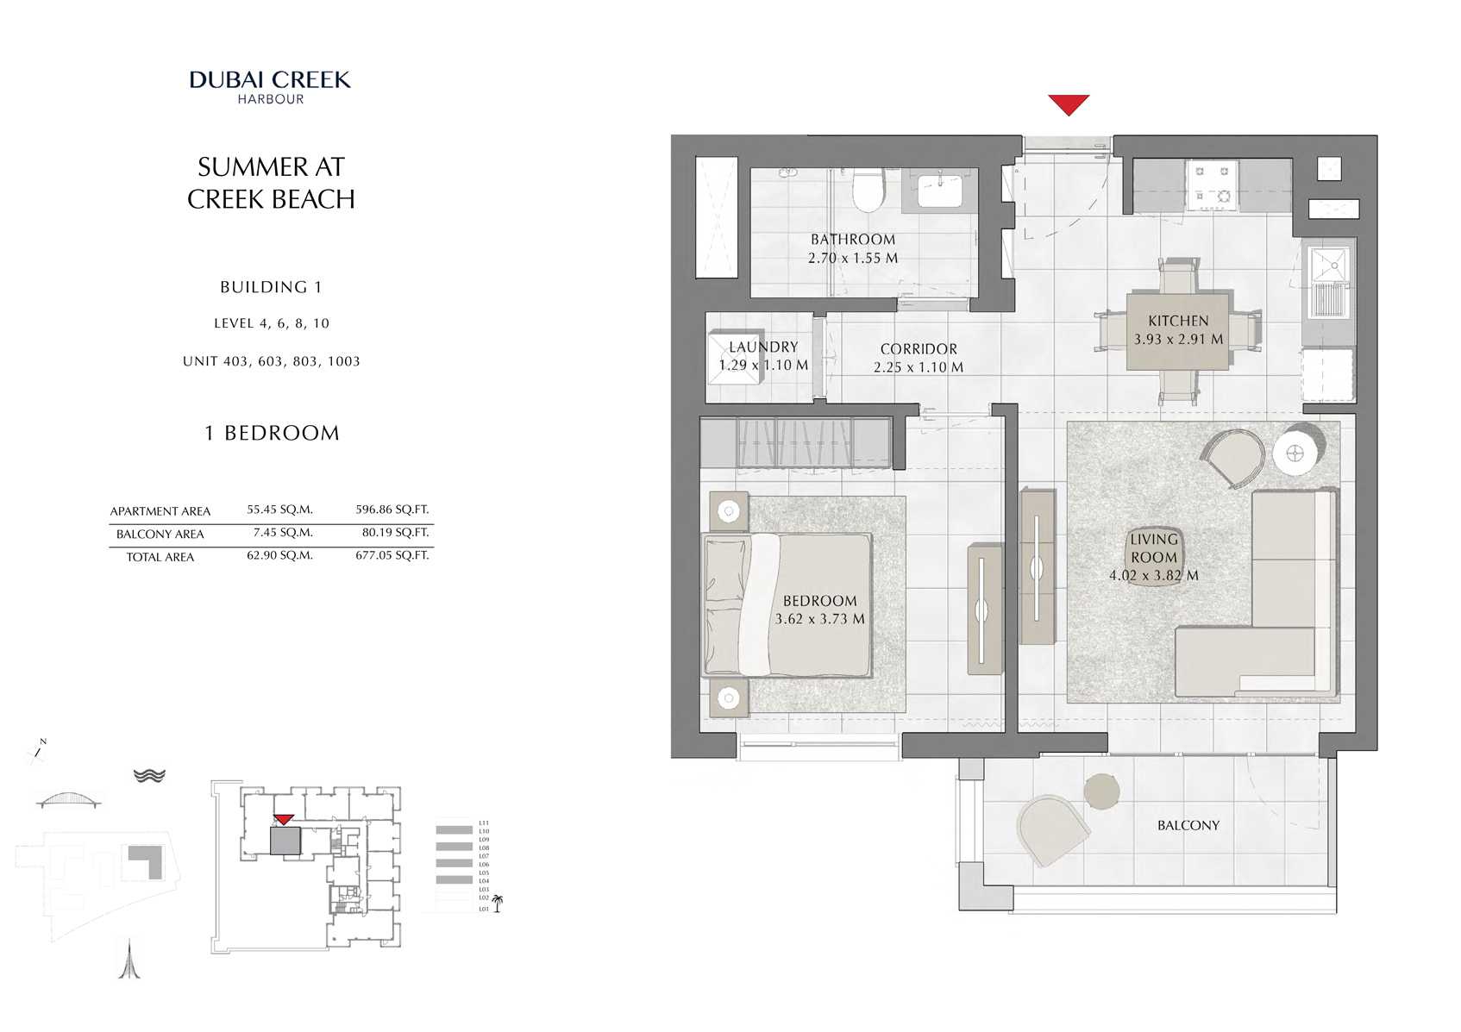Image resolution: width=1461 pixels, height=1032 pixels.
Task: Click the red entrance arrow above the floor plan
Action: pyautogui.click(x=1068, y=104)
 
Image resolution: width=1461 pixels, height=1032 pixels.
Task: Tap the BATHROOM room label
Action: pyautogui.click(x=852, y=240)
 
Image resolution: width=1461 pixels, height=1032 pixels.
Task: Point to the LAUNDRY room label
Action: pyautogui.click(x=763, y=347)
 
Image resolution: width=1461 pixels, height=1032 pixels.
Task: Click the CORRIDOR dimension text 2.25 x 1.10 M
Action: pyautogui.click(x=918, y=367)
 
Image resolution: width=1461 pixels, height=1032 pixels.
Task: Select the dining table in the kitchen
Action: pyautogui.click(x=1177, y=330)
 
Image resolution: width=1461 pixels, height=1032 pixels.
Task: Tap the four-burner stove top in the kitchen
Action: pyautogui.click(x=1212, y=185)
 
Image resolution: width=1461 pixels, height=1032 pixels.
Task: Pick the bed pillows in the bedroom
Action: pyautogui.click(x=724, y=604)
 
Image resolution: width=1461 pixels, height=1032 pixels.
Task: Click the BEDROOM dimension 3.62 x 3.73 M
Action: pyautogui.click(x=819, y=619)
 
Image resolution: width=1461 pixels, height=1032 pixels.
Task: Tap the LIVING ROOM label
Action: pyautogui.click(x=1153, y=547)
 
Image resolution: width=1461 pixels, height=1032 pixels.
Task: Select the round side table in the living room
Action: pyautogui.click(x=1295, y=452)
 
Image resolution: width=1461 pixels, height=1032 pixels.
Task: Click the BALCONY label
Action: pyautogui.click(x=1188, y=825)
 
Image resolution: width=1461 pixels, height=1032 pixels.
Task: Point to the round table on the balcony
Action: pyautogui.click(x=1101, y=791)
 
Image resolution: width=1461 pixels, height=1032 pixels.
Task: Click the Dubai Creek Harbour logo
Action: pyautogui.click(x=270, y=87)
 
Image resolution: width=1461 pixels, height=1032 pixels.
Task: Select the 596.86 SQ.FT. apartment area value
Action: pyautogui.click(x=392, y=510)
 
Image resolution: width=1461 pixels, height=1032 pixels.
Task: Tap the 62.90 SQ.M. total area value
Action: pyautogui.click(x=279, y=555)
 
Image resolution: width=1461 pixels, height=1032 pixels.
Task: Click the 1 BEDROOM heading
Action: pyautogui.click(x=272, y=433)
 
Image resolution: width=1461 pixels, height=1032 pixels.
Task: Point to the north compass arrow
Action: pyautogui.click(x=38, y=752)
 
